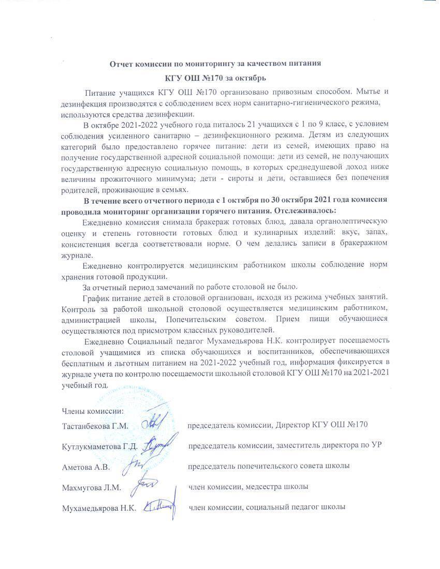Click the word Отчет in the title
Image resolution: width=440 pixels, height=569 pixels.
[x=122, y=64]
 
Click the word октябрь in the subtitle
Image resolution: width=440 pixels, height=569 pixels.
[x=250, y=78]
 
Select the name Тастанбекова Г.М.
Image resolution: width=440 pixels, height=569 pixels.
[x=95, y=425]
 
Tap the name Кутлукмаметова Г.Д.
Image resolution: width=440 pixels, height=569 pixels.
[x=99, y=446]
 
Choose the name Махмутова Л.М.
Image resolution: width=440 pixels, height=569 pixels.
[x=91, y=487]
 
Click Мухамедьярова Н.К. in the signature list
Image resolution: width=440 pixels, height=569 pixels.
[x=99, y=508]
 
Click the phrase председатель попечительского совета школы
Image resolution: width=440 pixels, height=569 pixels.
[x=268, y=466]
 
